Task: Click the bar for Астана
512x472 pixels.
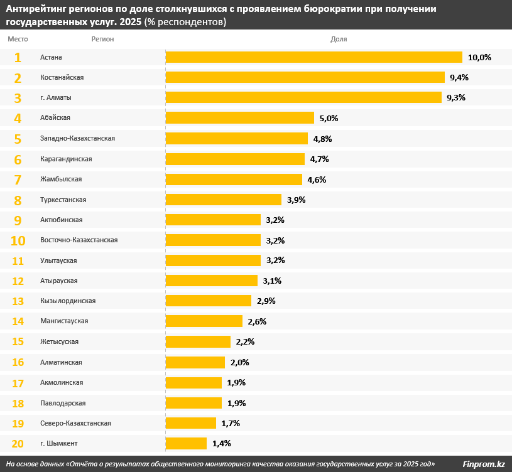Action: tap(313, 57)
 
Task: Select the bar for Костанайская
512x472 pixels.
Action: tap(305, 77)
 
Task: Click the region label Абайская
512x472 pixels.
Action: tap(55, 118)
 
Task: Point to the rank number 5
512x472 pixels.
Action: tap(18, 139)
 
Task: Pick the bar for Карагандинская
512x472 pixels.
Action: tap(235, 159)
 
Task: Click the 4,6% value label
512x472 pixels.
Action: tap(317, 180)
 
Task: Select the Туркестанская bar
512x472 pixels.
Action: tap(223, 200)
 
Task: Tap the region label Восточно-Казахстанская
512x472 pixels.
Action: tap(79, 240)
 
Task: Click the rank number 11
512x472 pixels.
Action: tap(18, 260)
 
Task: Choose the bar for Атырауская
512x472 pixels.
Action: tap(211, 281)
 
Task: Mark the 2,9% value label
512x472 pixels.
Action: tap(266, 301)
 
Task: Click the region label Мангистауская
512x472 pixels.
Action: tap(64, 321)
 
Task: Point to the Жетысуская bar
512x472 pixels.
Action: tap(198, 341)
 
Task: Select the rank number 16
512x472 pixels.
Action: tap(18, 362)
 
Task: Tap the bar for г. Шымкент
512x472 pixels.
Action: tap(186, 443)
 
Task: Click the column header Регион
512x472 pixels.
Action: tap(102, 39)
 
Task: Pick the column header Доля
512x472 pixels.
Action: tap(339, 39)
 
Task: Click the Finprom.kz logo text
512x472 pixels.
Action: tap(484, 464)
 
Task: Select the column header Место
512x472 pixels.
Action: tap(18, 39)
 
